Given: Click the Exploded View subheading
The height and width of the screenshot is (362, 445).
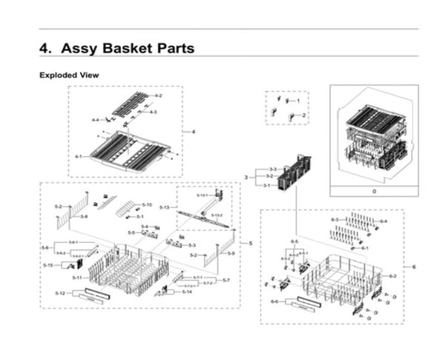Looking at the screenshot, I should tap(69, 76).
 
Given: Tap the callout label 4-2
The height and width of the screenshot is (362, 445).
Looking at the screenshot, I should tap(157, 97).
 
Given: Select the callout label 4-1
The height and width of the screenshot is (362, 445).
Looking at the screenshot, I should tap(79, 157).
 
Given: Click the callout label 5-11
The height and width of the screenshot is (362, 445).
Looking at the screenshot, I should tap(79, 277).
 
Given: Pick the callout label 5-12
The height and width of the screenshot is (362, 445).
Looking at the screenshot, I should tap(61, 295).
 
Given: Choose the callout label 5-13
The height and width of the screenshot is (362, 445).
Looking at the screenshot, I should tap(165, 208).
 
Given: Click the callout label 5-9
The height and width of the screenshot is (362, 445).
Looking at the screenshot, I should tap(231, 254).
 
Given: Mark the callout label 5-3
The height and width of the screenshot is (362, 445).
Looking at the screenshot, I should tap(191, 245).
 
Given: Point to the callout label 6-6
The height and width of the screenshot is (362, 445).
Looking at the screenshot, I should tap(275, 301).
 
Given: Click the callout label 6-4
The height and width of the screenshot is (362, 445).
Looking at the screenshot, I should tap(383, 221).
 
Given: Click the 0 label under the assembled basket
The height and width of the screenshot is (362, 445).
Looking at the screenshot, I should tap(374, 191).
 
